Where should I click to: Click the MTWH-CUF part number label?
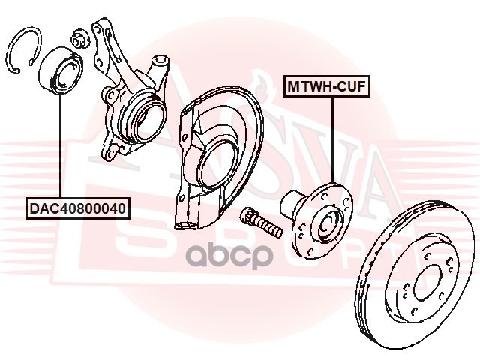pyautogui.click(x=326, y=86)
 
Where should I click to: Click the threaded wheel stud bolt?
pyautogui.click(x=259, y=220)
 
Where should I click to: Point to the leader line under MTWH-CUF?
pyautogui.click(x=330, y=142)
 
